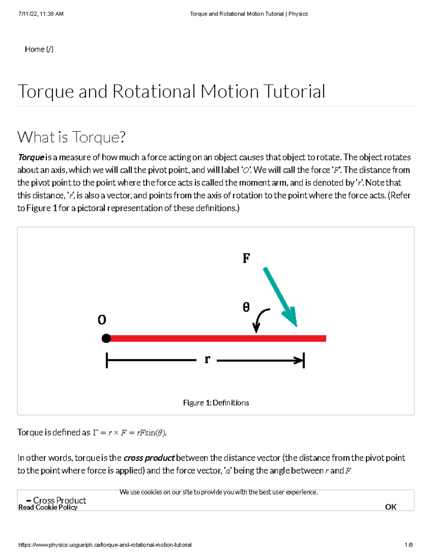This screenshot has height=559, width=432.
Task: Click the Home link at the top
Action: (x=39, y=49)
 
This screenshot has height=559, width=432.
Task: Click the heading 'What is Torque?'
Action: (x=71, y=137)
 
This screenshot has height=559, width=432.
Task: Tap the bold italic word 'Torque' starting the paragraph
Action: (x=31, y=157)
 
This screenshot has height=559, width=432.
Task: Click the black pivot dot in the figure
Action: (x=106, y=338)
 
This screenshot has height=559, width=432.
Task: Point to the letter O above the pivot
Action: (x=102, y=320)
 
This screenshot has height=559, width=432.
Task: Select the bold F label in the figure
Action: (x=246, y=258)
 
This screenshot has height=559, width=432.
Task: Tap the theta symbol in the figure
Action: (x=246, y=307)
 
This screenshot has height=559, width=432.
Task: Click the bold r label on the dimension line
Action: (x=207, y=359)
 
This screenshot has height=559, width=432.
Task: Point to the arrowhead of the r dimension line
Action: (x=299, y=360)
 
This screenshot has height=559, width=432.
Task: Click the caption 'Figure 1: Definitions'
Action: (x=216, y=402)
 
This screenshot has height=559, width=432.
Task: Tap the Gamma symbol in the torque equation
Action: (x=95, y=433)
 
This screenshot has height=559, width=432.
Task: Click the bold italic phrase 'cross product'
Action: (x=149, y=458)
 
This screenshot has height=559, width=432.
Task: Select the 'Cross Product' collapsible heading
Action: (x=59, y=500)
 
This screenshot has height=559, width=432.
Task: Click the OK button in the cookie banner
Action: (x=391, y=507)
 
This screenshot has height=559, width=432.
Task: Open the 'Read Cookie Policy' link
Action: (x=48, y=507)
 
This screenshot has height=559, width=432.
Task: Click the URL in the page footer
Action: (x=105, y=545)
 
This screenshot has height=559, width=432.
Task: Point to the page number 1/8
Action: (x=409, y=545)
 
